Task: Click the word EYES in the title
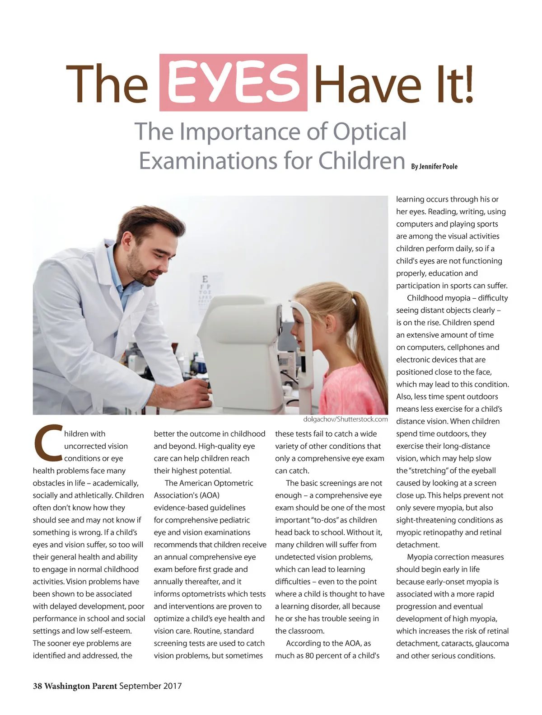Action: [234, 83]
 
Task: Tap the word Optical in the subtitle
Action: [369, 132]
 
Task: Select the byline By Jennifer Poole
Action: [434, 166]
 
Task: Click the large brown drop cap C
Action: [47, 441]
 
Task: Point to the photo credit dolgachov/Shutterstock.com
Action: [346, 419]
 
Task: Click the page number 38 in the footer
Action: [37, 686]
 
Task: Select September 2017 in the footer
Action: [150, 686]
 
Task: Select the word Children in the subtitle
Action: [361, 161]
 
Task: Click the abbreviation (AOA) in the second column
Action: [210, 495]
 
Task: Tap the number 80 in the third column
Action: [309, 655]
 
